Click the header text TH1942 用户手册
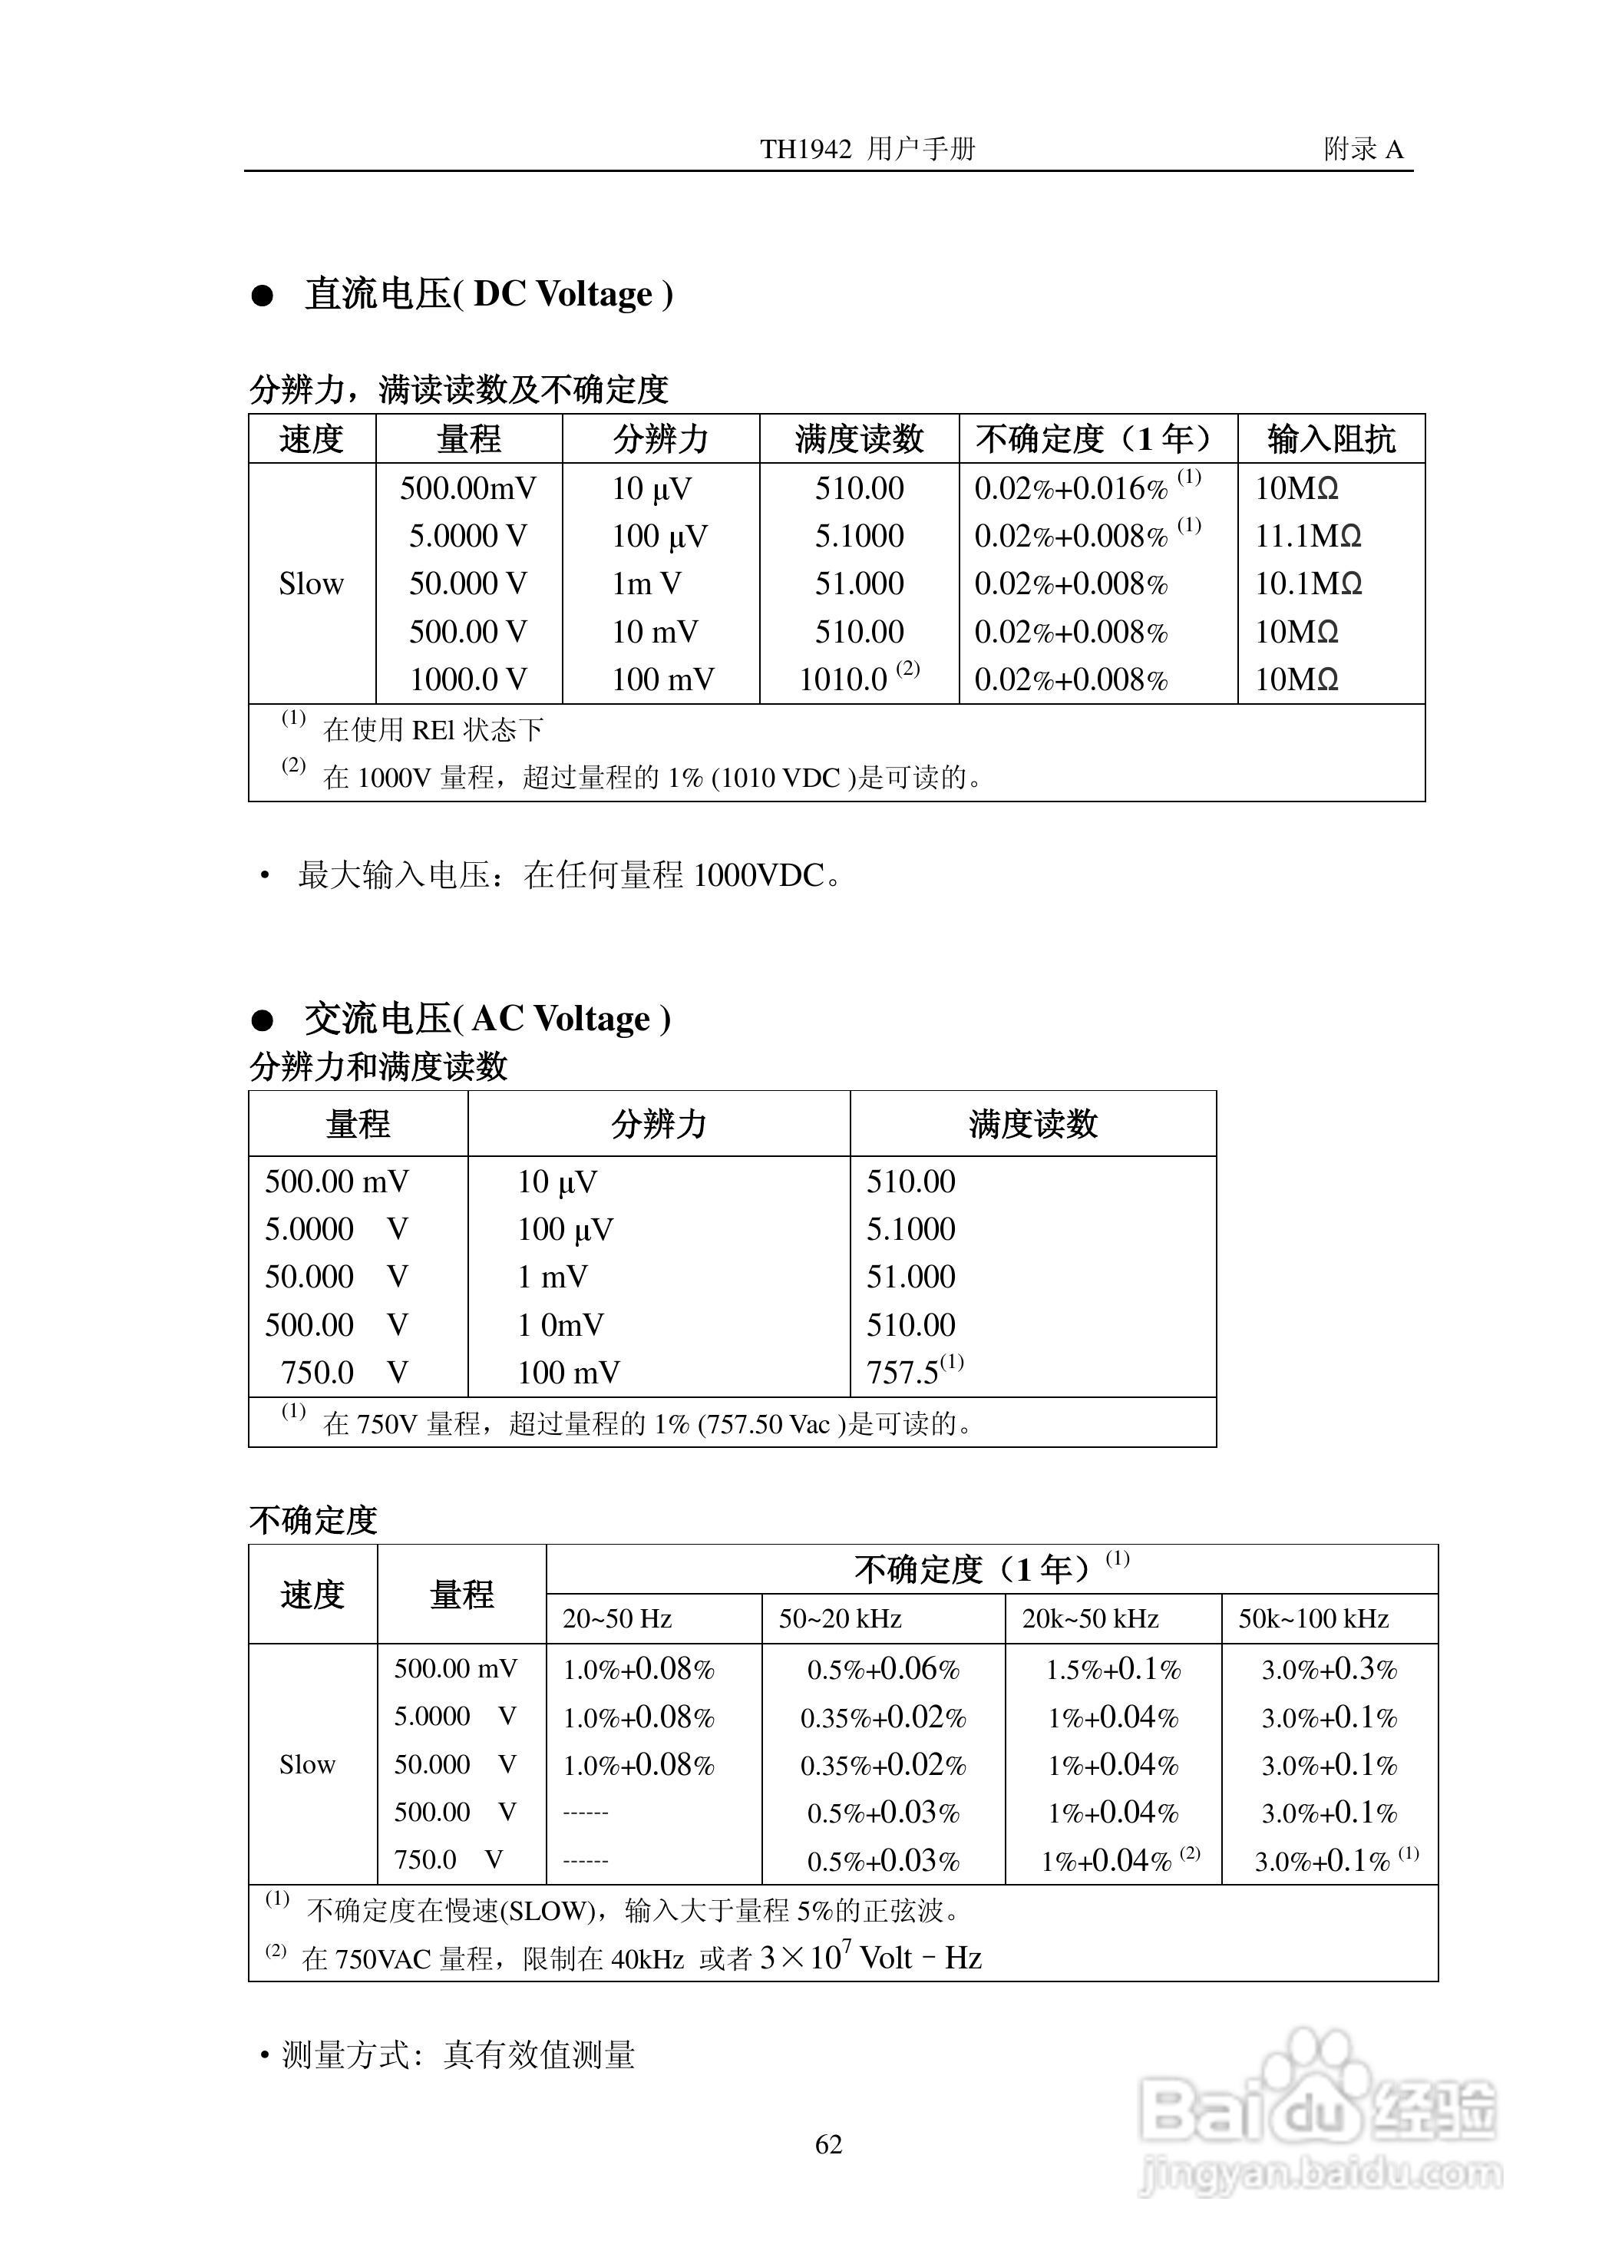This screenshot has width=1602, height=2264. click(867, 149)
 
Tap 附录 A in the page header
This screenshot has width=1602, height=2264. click(1363, 149)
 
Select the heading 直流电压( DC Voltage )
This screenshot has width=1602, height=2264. click(488, 294)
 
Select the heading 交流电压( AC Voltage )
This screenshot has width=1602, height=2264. click(487, 1018)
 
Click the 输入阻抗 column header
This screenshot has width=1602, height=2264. click(1331, 439)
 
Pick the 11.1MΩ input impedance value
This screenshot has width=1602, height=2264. click(1307, 536)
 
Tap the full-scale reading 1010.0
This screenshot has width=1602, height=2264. click(844, 679)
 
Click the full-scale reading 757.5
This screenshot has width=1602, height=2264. click(903, 1372)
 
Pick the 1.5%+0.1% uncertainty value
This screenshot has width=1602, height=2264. click(1113, 1669)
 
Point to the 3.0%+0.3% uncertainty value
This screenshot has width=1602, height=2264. click(1329, 1669)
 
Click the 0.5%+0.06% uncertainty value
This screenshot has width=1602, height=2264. click(883, 1669)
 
